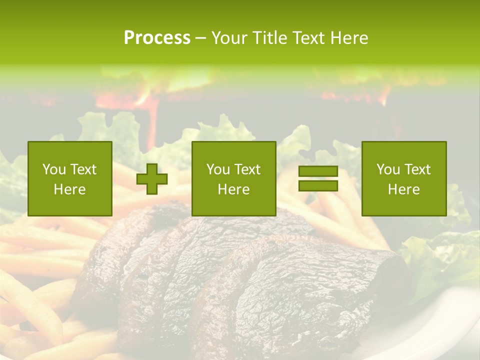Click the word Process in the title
[157, 38]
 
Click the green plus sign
[152, 179]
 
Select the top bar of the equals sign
[318, 171]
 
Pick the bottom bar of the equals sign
[318, 186]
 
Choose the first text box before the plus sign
[70, 178]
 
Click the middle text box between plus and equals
[233, 178]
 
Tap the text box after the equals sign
[403, 178]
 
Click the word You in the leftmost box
[53, 169]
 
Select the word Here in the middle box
[233, 189]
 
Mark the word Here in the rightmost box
[403, 189]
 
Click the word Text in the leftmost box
[83, 169]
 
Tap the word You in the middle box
[217, 169]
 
